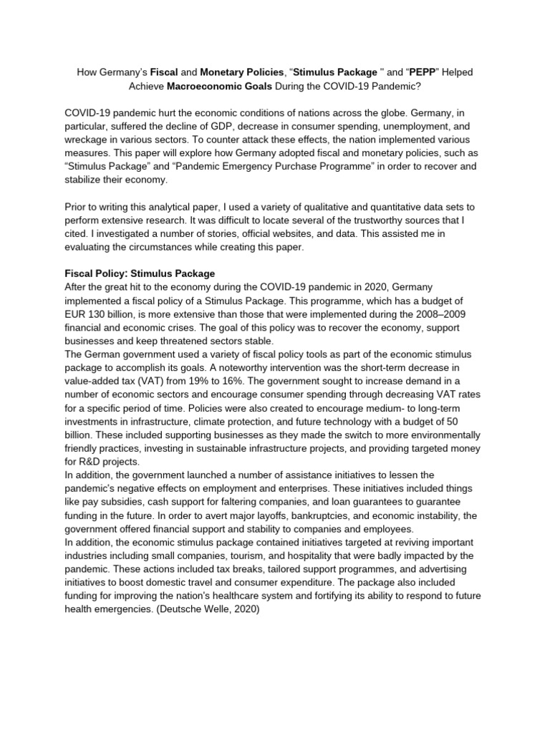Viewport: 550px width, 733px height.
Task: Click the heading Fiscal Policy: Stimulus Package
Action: [140, 273]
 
